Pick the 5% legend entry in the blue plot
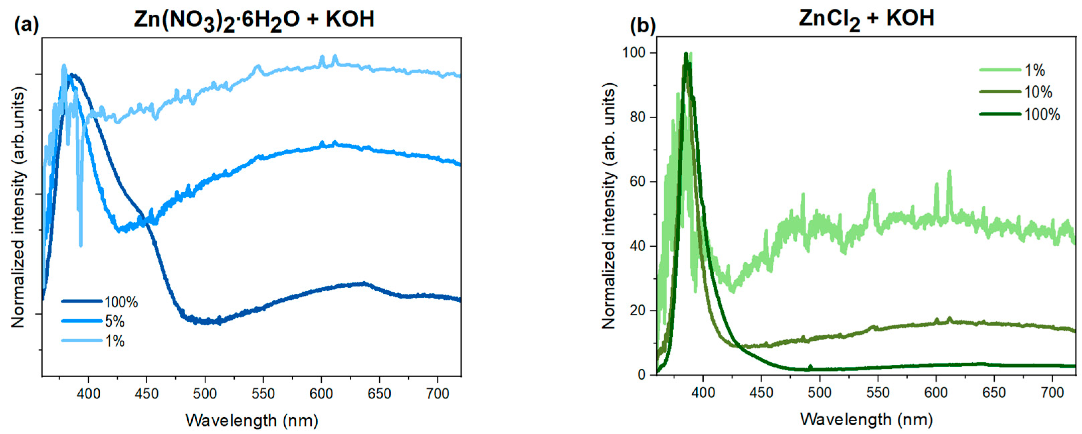click(x=114, y=322)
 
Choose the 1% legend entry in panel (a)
click(x=114, y=341)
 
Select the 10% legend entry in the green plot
click(x=1038, y=92)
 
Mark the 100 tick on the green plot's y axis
click(x=636, y=53)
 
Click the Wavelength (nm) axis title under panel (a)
click(x=252, y=421)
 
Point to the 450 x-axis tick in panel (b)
click(x=761, y=393)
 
